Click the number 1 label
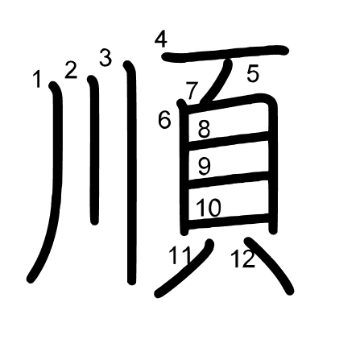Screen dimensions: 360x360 pyautogui.click(x=38, y=79)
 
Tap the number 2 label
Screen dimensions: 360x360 pyautogui.click(x=71, y=70)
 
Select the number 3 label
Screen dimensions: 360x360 pyautogui.click(x=106, y=57)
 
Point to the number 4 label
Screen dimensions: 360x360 pyautogui.click(x=161, y=39)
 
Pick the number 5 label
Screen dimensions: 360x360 pyautogui.click(x=253, y=73)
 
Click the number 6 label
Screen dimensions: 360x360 pyautogui.click(x=164, y=120)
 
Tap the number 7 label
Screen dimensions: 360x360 pyautogui.click(x=192, y=91)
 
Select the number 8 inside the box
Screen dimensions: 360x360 pyautogui.click(x=204, y=129)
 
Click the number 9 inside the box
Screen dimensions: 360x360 pyautogui.click(x=205, y=167)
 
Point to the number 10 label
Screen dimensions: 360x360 pyautogui.click(x=209, y=208)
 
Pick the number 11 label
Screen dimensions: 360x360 pyautogui.click(x=180, y=255)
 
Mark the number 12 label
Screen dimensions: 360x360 pyautogui.click(x=243, y=259)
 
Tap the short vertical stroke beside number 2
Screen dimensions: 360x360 pyautogui.click(x=94, y=151)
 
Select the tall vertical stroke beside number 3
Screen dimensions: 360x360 pyautogui.click(x=131, y=172)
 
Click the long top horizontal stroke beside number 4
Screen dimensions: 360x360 pyautogui.click(x=225, y=52)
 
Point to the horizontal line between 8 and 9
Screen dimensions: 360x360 pyautogui.click(x=228, y=141)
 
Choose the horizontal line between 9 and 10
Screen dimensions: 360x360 pyautogui.click(x=228, y=180)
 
